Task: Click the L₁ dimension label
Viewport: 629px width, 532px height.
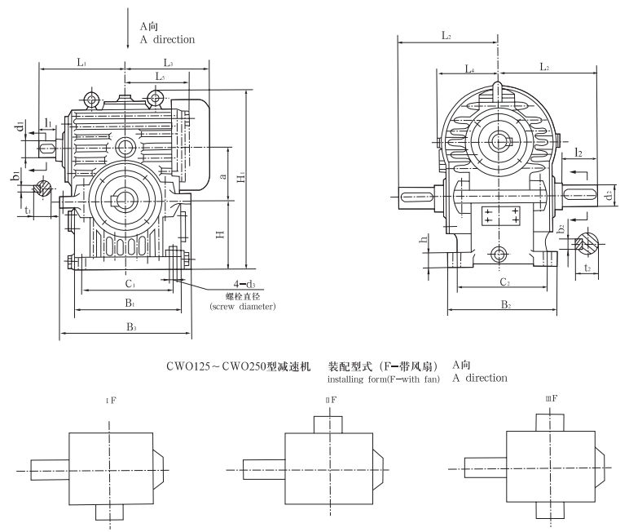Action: click(83, 62)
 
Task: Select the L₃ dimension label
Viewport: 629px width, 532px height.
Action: click(167, 62)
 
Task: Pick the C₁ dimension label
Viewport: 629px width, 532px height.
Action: click(129, 285)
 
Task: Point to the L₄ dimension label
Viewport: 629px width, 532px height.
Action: click(469, 70)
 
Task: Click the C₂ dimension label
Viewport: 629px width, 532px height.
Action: click(504, 282)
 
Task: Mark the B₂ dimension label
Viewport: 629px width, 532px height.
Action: click(505, 304)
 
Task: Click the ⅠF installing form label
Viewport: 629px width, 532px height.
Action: click(108, 399)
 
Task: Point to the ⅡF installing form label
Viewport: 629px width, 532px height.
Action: click(332, 399)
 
